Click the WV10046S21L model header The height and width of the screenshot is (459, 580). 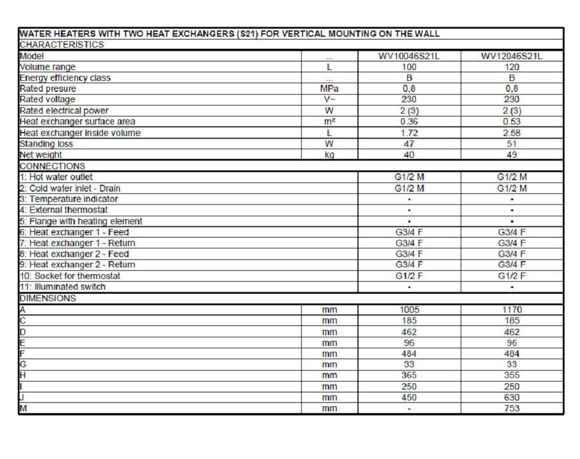point(409,56)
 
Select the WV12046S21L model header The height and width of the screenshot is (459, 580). point(512,56)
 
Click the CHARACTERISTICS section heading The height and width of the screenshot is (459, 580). point(61,45)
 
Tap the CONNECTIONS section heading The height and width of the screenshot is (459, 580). point(52,166)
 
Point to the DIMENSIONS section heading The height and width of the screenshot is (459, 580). point(48,298)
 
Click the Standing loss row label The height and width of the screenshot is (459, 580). point(46,144)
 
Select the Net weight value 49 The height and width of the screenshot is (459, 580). point(512,155)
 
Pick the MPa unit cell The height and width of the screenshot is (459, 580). point(329,89)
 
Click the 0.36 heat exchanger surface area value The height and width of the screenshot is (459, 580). point(409,122)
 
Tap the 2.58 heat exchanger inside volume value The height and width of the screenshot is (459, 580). point(512,133)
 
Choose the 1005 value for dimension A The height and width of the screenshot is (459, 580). point(409,310)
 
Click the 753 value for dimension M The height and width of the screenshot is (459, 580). point(512,409)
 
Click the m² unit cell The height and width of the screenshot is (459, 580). point(329,122)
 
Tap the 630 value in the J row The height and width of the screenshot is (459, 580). point(512,398)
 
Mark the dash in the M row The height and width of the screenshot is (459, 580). point(409,409)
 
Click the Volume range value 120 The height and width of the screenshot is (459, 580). point(512,67)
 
